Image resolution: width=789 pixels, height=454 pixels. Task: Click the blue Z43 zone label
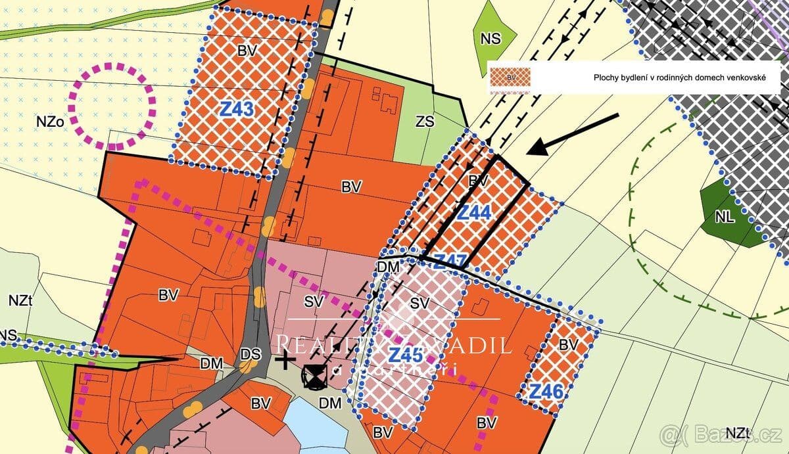click(237, 109)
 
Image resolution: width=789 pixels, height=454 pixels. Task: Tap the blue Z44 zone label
click(474, 212)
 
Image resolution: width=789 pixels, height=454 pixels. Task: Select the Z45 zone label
click(405, 355)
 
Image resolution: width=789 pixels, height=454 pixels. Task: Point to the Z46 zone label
click(546, 392)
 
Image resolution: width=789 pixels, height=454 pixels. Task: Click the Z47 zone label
click(450, 260)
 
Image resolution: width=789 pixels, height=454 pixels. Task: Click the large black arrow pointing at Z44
click(572, 135)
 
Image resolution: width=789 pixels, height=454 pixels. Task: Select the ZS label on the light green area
click(425, 122)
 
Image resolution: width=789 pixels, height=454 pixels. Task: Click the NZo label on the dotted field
click(50, 122)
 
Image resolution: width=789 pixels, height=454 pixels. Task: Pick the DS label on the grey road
click(250, 354)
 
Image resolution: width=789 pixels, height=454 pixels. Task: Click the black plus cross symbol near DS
click(284, 360)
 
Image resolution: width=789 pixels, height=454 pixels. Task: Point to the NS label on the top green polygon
click(490, 39)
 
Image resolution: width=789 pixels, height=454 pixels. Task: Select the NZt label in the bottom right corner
click(739, 433)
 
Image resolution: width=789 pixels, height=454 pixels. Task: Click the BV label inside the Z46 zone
click(567, 344)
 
